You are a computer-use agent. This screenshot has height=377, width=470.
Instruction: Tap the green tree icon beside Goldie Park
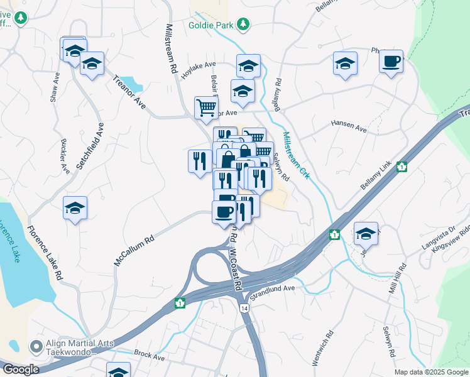[243, 25]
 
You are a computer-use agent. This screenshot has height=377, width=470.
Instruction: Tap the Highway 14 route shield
[243, 308]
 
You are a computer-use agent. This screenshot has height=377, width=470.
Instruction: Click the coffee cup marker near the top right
[391, 61]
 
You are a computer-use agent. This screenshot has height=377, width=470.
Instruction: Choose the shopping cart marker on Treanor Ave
[206, 107]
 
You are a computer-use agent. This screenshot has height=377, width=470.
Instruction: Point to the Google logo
[21, 370]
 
